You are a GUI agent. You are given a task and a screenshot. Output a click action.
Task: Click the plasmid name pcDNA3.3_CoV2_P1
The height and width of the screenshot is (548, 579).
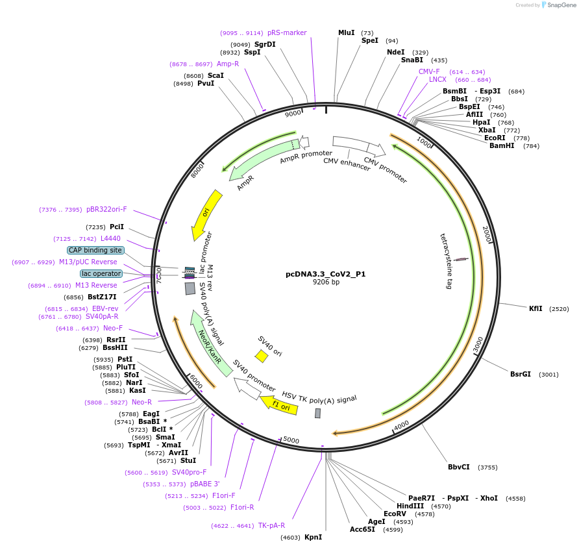point(325,274)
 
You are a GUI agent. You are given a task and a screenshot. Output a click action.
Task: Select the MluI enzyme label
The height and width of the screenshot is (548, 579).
point(347,32)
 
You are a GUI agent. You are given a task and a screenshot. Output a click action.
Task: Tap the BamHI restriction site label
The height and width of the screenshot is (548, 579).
point(501,145)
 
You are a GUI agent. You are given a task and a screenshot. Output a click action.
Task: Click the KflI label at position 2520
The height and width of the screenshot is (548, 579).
point(536,308)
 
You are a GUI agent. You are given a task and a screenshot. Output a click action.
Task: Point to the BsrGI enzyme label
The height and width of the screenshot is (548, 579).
point(520,374)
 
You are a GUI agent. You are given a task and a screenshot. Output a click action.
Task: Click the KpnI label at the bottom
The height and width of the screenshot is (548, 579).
point(313,537)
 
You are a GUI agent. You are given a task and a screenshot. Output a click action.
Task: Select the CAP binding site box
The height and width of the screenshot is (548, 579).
point(95,250)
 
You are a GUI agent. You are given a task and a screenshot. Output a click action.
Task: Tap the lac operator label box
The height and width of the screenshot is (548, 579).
point(101,273)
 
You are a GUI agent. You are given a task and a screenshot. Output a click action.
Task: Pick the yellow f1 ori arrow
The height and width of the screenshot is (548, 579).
point(278,405)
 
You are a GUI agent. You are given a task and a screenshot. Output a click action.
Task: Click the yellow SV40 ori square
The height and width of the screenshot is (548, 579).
point(262,356)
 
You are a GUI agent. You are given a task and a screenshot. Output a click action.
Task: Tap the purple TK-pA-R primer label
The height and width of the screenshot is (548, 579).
point(271,525)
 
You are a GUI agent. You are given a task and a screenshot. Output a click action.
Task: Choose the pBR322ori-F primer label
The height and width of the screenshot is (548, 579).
point(106,209)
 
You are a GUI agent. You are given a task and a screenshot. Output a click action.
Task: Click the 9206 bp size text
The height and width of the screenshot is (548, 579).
point(325,282)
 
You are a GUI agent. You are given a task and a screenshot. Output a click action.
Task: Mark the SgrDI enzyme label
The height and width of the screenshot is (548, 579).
point(265,44)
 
